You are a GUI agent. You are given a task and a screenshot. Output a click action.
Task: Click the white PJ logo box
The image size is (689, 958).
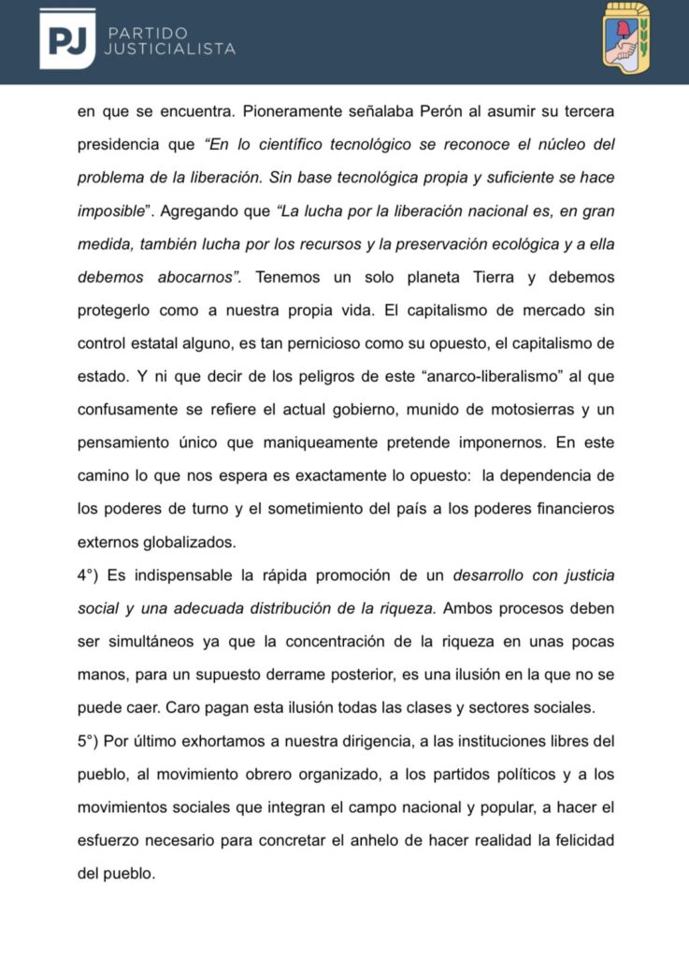click(x=66, y=38)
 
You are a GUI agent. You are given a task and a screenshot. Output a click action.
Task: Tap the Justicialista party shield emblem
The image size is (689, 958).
click(x=625, y=36)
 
